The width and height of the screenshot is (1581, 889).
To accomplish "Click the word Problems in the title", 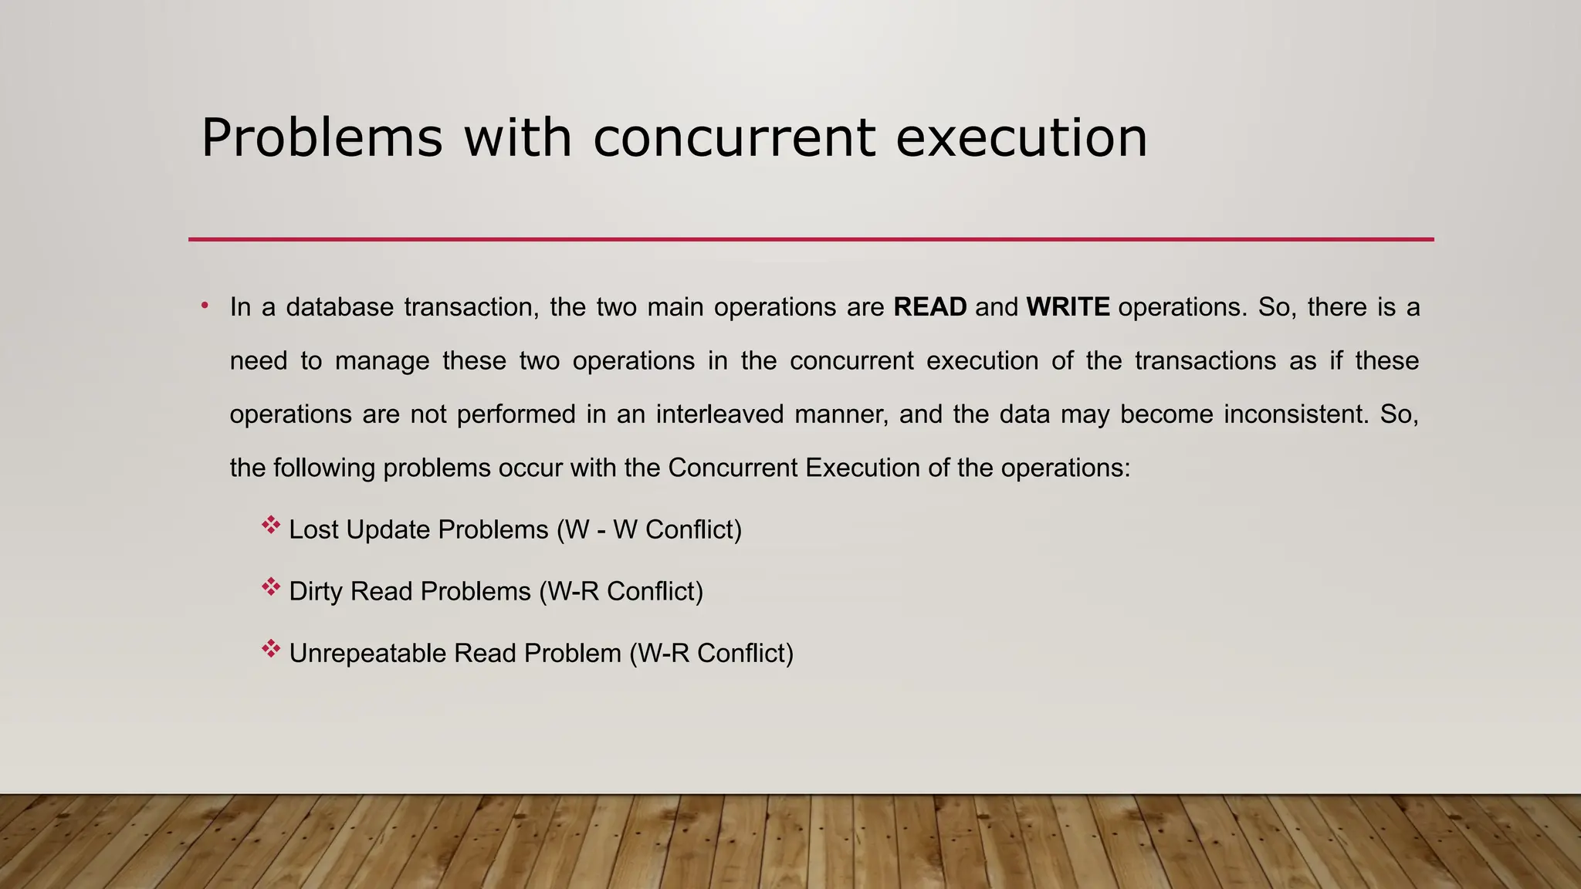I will click(x=322, y=139).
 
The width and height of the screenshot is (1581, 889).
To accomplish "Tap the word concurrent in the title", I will click(x=734, y=139).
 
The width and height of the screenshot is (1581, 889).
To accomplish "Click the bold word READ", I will click(x=929, y=307).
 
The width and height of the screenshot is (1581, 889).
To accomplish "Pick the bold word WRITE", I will click(x=1068, y=307).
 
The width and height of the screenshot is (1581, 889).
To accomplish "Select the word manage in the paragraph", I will click(x=382, y=361).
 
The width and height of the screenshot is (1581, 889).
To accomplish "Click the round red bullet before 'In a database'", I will click(x=205, y=306).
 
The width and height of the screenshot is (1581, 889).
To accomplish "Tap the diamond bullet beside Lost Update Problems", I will click(x=270, y=526).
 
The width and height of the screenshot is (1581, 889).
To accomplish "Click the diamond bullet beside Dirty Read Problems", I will click(x=270, y=588).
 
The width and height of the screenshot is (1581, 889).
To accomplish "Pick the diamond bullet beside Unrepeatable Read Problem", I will click(x=270, y=650).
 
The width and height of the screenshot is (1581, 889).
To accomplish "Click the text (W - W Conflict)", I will click(x=648, y=530).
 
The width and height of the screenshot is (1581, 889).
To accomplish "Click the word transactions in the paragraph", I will click(x=1205, y=361).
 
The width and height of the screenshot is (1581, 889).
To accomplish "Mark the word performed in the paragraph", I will click(x=516, y=414).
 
